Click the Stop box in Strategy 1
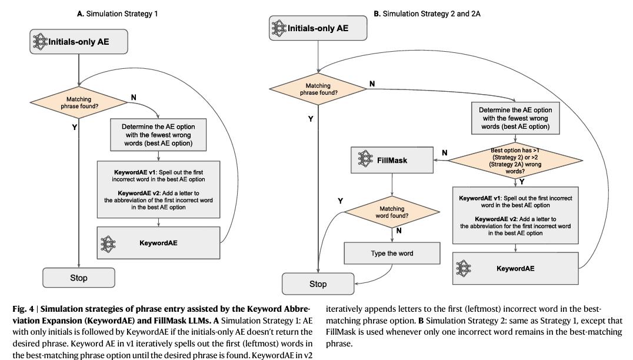pos(79,278)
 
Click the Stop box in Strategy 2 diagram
pos(318,284)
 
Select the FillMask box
pos(392,159)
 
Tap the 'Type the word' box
pos(392,254)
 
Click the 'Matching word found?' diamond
pos(392,212)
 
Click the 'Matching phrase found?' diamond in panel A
pos(79,103)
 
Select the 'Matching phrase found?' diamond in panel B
pos(318,89)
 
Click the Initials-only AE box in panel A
pos(79,42)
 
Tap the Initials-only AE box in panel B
pos(318,28)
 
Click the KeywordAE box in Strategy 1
pos(159,242)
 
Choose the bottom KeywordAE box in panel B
pos(515,268)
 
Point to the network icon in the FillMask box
pos(365,159)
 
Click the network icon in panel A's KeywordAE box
pos(108,242)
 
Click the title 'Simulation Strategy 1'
pos(117,13)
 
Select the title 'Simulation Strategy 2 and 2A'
pos(427,13)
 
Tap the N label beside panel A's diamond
pos(134,98)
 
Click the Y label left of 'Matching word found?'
pos(341,201)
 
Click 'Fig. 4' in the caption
pos(23,308)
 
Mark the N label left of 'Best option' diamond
pos(444,153)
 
